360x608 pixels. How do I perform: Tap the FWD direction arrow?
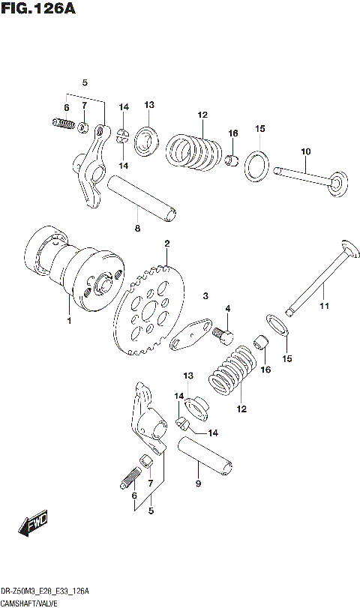tap(34, 526)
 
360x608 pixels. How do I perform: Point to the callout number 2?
tap(166, 244)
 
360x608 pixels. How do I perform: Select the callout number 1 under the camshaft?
tap(68, 321)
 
